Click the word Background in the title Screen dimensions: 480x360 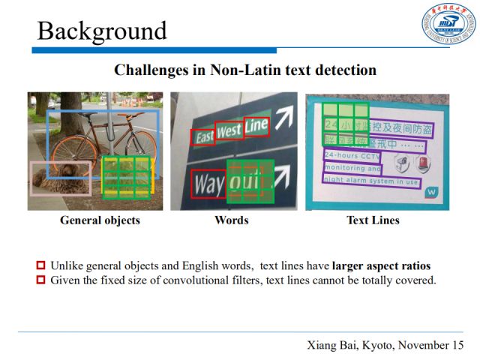(x=102, y=31)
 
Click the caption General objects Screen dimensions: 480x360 (x=100, y=220)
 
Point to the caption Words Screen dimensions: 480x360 (x=231, y=220)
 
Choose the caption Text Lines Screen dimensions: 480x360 (x=373, y=220)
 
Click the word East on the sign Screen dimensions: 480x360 (x=202, y=136)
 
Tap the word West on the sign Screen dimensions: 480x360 (x=229, y=130)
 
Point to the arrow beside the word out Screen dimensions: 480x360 (x=283, y=174)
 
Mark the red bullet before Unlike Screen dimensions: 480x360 (x=41, y=265)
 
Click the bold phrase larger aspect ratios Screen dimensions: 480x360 (x=382, y=265)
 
